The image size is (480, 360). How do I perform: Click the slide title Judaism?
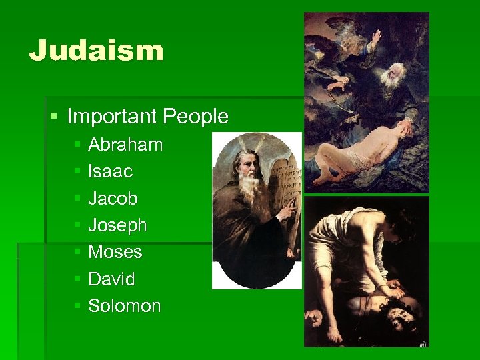pos(96,51)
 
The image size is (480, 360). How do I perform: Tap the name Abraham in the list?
pos(125,145)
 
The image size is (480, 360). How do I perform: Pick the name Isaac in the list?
pos(111,171)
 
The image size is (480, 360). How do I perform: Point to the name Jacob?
pos(113,199)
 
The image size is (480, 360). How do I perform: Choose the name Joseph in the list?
pos(117,225)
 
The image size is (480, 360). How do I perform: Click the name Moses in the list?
pos(115,252)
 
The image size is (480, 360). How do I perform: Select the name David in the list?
pos(111,279)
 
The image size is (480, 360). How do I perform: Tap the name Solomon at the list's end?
pos(125,306)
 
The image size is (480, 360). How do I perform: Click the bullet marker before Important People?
pos(54,117)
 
